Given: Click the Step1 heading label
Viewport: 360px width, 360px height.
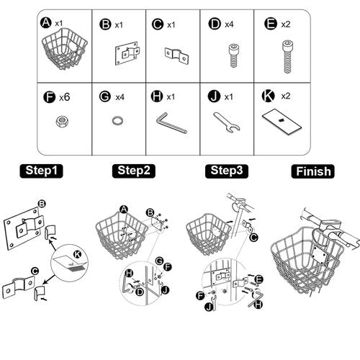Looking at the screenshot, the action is pos(41,171).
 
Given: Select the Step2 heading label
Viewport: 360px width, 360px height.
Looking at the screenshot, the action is pos(134,171).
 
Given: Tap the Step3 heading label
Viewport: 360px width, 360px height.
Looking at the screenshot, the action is pos(227,171).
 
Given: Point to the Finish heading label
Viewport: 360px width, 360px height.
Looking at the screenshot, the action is pos(312,171).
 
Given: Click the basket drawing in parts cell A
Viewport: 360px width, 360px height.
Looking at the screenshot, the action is pos(64,49).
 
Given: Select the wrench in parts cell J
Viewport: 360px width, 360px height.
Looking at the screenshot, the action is pos(226,122).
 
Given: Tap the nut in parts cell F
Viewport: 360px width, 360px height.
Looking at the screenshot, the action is pos(62,121).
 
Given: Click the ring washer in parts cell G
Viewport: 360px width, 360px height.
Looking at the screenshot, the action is pos(118,120).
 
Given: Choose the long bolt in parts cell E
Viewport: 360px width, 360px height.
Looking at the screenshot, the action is pos(287,57).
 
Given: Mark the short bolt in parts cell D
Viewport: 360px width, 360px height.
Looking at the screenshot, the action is pos(233,55).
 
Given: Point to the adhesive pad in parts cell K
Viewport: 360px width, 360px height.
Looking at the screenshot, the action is pos(282,122).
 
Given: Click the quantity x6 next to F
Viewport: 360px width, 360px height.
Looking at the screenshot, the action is pos(65,97).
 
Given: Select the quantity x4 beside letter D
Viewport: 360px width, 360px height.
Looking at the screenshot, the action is pos(229,24).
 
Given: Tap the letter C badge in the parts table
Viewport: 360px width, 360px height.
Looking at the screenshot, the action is pos(158,24).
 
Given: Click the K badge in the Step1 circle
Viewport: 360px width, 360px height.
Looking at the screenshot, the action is pos(77,254).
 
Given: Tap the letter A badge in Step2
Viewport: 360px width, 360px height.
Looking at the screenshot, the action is pos(124,210).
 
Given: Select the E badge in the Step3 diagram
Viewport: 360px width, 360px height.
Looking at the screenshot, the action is pos(259,279).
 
